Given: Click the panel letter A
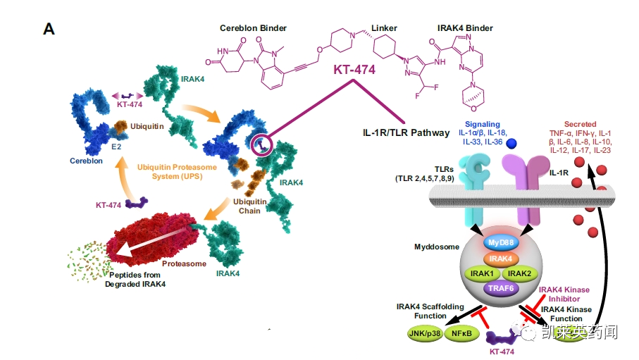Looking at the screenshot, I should tap(49, 29).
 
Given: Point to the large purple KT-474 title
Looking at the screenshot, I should tap(354, 70).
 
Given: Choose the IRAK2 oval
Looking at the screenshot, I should tap(521, 273).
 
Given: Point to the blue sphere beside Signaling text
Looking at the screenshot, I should tap(512, 143).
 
